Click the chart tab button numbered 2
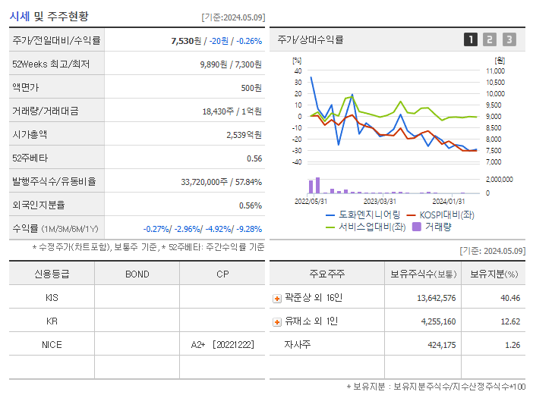pyautogui.click(x=490, y=39)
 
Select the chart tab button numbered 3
pyautogui.click(x=509, y=39)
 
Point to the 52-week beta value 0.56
pyautogui.click(x=254, y=158)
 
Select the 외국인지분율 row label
pyautogui.click(x=38, y=205)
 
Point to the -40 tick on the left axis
pyautogui.click(x=297, y=161)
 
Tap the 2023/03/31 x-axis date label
pyautogui.click(x=380, y=201)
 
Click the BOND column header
pyautogui.click(x=137, y=274)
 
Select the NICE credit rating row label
pyautogui.click(x=52, y=344)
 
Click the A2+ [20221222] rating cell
pyautogui.click(x=222, y=344)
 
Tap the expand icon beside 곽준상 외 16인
pyautogui.click(x=277, y=298)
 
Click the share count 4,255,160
pyautogui.click(x=436, y=321)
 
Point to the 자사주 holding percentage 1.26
pyautogui.click(x=512, y=345)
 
